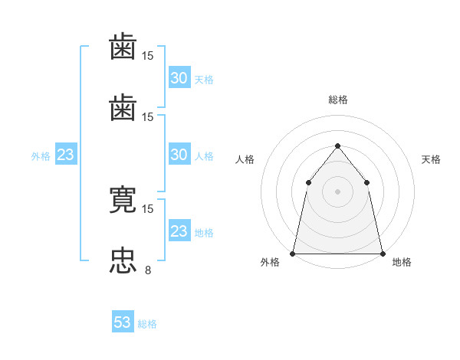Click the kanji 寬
(x=123, y=199)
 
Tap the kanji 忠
(x=123, y=261)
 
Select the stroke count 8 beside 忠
(x=148, y=270)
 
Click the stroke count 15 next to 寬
(x=147, y=209)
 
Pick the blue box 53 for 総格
(x=123, y=321)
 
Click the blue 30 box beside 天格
(x=179, y=77)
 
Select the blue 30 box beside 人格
(x=179, y=154)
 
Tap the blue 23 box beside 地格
(x=179, y=230)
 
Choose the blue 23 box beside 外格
(x=66, y=154)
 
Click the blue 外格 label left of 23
(x=41, y=156)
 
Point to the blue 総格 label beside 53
(x=147, y=324)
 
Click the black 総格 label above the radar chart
(x=338, y=100)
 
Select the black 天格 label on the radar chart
(x=431, y=159)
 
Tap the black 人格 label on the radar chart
(x=245, y=159)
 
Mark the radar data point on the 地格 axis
(x=383, y=254)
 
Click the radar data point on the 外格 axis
(x=293, y=254)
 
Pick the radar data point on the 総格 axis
(x=337, y=146)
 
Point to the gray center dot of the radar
(x=337, y=191)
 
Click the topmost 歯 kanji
(x=123, y=46)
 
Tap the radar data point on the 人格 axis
(x=309, y=182)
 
